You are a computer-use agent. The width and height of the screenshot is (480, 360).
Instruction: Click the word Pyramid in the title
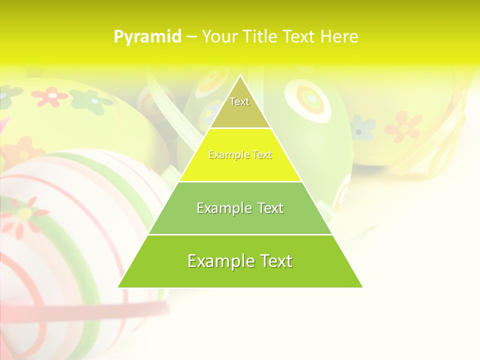point(147,36)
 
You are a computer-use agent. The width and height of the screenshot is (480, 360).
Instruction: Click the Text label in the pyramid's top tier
point(239,101)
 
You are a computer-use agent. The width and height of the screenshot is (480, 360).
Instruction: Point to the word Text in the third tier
point(268,208)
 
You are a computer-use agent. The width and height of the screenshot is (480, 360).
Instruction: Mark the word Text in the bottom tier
point(273,261)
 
